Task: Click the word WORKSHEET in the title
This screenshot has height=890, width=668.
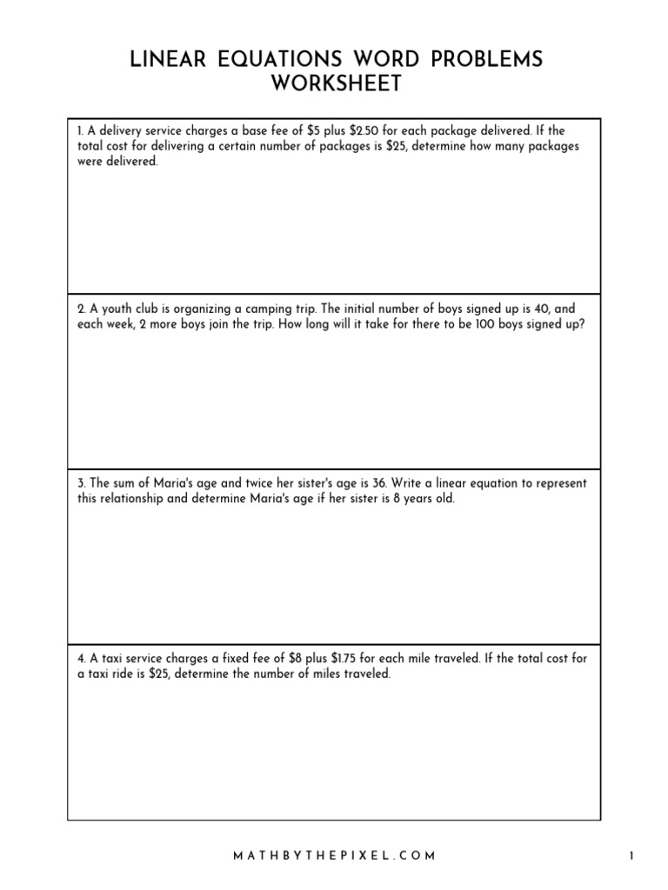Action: pos(335,83)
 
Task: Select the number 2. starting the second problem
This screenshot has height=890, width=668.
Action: pos(80,309)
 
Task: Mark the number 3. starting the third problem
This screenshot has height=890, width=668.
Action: pos(80,483)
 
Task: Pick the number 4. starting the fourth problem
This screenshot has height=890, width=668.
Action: pos(80,658)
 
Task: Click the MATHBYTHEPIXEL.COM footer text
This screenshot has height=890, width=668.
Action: pos(334,855)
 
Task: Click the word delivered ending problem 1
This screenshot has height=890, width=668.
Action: pos(133,162)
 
